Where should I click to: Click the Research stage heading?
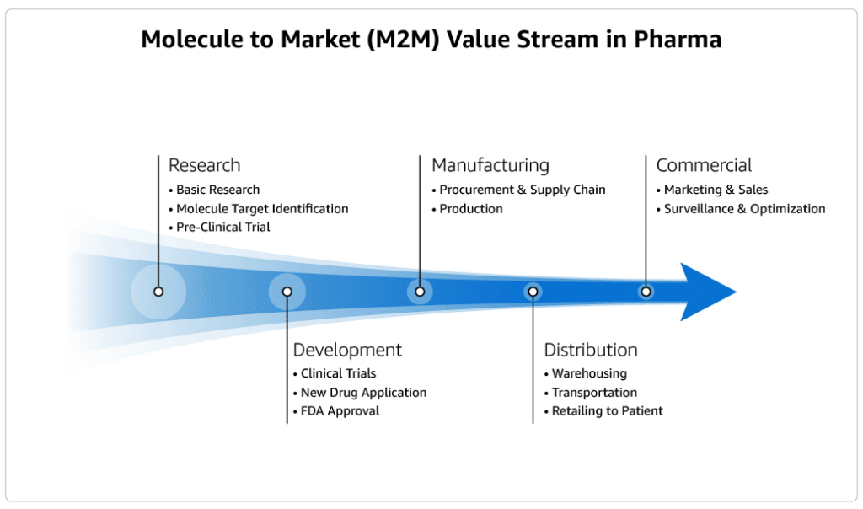(x=204, y=165)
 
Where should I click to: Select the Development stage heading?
(x=347, y=350)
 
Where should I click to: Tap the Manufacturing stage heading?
(x=490, y=165)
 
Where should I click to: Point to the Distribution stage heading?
(x=590, y=350)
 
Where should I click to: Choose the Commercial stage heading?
(x=704, y=165)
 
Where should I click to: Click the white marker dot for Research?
(x=158, y=292)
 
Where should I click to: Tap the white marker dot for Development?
(x=287, y=292)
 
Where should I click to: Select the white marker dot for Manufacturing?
(x=420, y=292)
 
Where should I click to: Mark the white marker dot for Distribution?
(x=533, y=292)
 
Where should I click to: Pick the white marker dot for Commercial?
(x=646, y=292)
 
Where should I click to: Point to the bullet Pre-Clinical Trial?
(x=222, y=227)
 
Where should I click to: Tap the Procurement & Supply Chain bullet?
(x=522, y=190)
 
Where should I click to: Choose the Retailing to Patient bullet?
(x=607, y=411)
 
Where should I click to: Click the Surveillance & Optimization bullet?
(x=744, y=209)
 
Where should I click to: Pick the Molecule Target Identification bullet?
(x=261, y=209)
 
